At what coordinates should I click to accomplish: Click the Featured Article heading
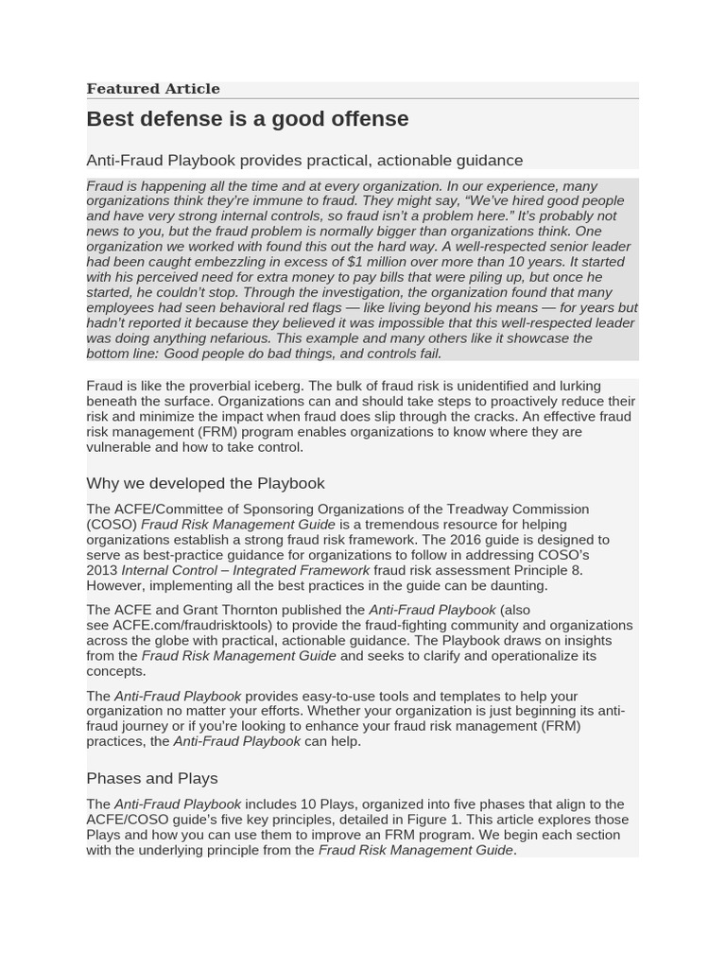pyautogui.click(x=153, y=89)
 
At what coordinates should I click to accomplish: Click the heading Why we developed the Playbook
pyautogui.click(x=205, y=483)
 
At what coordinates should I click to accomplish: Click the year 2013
pyautogui.click(x=101, y=570)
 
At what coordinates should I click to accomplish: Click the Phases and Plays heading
pyautogui.click(x=152, y=779)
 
